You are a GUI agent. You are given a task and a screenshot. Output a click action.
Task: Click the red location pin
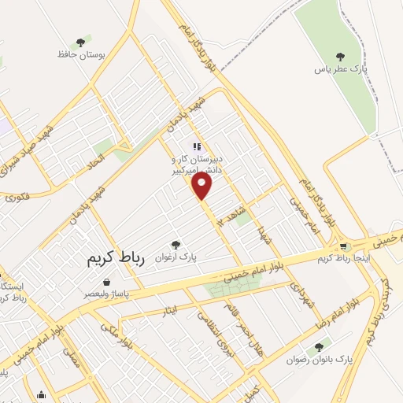tap(202, 184)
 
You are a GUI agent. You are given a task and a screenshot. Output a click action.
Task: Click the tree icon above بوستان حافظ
tap(79, 43)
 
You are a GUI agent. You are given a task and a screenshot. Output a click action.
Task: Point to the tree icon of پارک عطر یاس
tap(340, 56)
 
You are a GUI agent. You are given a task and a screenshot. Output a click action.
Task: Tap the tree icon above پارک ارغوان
tap(176, 245)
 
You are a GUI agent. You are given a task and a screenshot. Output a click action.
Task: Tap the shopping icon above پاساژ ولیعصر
tap(106, 281)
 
